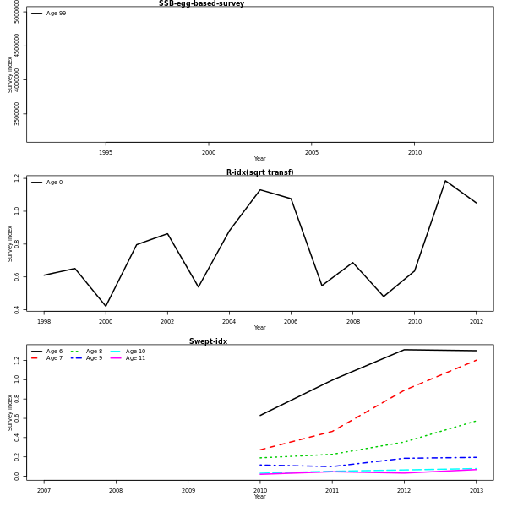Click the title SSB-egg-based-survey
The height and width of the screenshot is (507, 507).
201,4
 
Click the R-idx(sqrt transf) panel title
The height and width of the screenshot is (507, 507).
259,172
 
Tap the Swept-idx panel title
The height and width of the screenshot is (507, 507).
208,341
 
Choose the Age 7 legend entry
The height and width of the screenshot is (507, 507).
54,358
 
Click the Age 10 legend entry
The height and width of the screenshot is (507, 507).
135,352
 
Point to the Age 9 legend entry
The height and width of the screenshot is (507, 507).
95,358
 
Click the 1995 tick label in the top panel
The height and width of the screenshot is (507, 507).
106,153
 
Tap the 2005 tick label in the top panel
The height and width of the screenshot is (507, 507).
312,153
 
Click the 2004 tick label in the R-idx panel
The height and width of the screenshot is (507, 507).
229,322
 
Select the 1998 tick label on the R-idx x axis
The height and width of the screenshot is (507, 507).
44,322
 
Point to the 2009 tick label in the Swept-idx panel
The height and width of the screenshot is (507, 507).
188,491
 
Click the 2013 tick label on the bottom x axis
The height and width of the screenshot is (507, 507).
477,491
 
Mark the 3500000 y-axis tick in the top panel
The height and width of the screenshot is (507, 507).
17,114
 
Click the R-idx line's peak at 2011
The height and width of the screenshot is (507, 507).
445,181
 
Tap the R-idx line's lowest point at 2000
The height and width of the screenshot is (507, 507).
106,306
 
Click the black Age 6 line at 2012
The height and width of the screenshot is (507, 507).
404,350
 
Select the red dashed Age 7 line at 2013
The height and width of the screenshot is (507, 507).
477,360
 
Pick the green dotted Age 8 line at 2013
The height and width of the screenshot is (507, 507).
477,421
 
